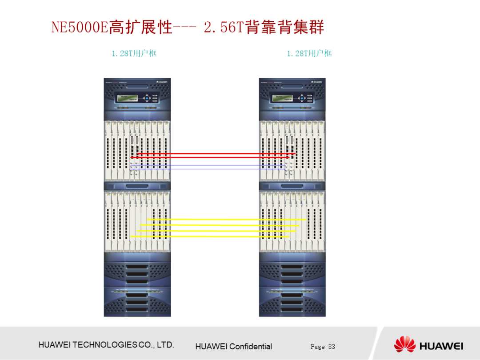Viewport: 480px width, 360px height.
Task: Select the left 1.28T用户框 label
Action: (x=134, y=53)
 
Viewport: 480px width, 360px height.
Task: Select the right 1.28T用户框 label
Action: (x=309, y=53)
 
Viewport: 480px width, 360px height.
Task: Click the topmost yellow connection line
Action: (x=227, y=220)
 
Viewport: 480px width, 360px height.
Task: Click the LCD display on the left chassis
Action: (x=128, y=98)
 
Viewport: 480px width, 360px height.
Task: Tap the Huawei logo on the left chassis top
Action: (x=163, y=81)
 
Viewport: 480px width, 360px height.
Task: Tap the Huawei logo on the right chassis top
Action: (x=318, y=81)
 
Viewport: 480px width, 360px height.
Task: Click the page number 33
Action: (x=332, y=347)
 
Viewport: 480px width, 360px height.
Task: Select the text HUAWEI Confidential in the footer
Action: (x=233, y=347)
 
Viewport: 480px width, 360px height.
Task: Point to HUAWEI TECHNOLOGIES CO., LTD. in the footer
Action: (x=106, y=345)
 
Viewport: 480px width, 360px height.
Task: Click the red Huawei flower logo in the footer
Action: (x=404, y=345)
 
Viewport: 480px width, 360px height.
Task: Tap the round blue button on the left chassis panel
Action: (x=146, y=98)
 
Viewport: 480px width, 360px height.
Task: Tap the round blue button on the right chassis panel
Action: (x=301, y=98)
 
